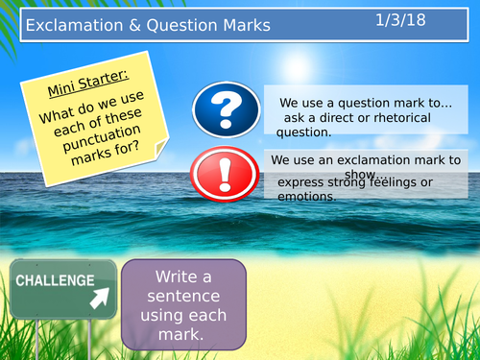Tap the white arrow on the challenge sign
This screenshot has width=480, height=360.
99,300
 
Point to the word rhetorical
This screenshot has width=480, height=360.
395,117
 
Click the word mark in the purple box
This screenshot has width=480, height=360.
182,334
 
